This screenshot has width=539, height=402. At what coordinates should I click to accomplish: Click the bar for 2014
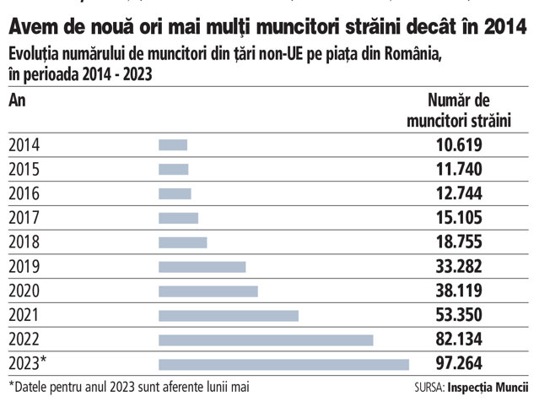coord(173,145)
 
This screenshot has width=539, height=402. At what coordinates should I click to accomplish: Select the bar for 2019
coord(202,267)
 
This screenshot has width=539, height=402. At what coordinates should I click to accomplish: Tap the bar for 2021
coord(229,316)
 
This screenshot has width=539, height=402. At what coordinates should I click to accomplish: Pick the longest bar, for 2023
coord(284,365)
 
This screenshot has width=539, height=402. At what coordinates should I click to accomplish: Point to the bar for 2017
coord(179,218)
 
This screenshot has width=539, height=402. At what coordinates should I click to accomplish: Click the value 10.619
coord(459,145)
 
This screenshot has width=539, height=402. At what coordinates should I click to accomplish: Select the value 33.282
coord(459,267)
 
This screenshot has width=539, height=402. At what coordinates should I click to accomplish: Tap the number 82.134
coord(459,340)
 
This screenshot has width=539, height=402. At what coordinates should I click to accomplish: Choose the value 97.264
coord(459,363)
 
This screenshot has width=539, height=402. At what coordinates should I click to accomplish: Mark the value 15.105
coord(459,218)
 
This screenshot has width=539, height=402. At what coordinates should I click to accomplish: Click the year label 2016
coord(24,193)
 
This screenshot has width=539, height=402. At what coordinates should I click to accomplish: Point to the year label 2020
coord(24,291)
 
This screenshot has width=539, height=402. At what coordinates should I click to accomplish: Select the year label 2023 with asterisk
coord(28,363)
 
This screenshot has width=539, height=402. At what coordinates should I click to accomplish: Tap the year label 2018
coord(24,242)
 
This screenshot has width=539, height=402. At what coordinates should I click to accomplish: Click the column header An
coord(17,100)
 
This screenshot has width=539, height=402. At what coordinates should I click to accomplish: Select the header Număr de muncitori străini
coord(459,111)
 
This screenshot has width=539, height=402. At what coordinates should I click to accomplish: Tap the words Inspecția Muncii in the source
coord(488,388)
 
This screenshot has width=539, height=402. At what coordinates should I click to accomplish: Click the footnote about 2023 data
coord(129,387)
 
